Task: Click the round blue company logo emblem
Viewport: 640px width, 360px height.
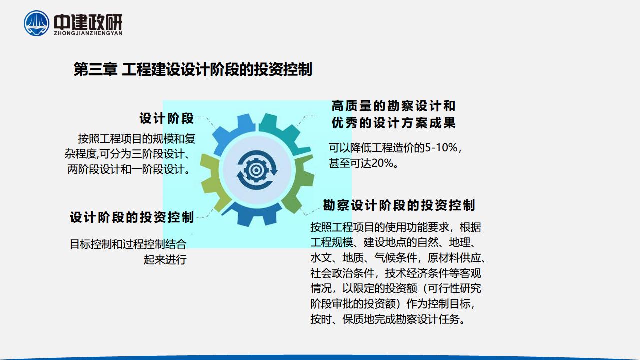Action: click(x=36, y=23)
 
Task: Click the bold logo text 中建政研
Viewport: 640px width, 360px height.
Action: click(x=88, y=22)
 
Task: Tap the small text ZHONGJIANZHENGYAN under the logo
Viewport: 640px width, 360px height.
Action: click(x=88, y=33)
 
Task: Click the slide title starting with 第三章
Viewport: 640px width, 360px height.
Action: click(x=193, y=69)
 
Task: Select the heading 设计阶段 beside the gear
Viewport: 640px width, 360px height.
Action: click(x=167, y=118)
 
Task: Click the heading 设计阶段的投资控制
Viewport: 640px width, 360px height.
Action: click(x=132, y=217)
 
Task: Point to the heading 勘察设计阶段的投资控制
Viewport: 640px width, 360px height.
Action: click(x=399, y=205)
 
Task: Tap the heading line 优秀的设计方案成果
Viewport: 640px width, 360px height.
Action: click(x=393, y=123)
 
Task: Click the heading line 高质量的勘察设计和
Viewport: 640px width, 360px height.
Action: click(x=393, y=106)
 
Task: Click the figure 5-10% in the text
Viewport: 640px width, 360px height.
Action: click(x=441, y=148)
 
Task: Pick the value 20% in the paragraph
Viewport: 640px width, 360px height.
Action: click(x=383, y=163)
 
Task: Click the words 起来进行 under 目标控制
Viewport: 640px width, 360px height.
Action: click(x=165, y=259)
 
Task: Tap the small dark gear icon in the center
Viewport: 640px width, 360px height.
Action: click(x=257, y=170)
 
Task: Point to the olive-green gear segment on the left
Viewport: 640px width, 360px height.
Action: click(x=212, y=183)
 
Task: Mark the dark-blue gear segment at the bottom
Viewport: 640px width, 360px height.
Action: click(x=252, y=214)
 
